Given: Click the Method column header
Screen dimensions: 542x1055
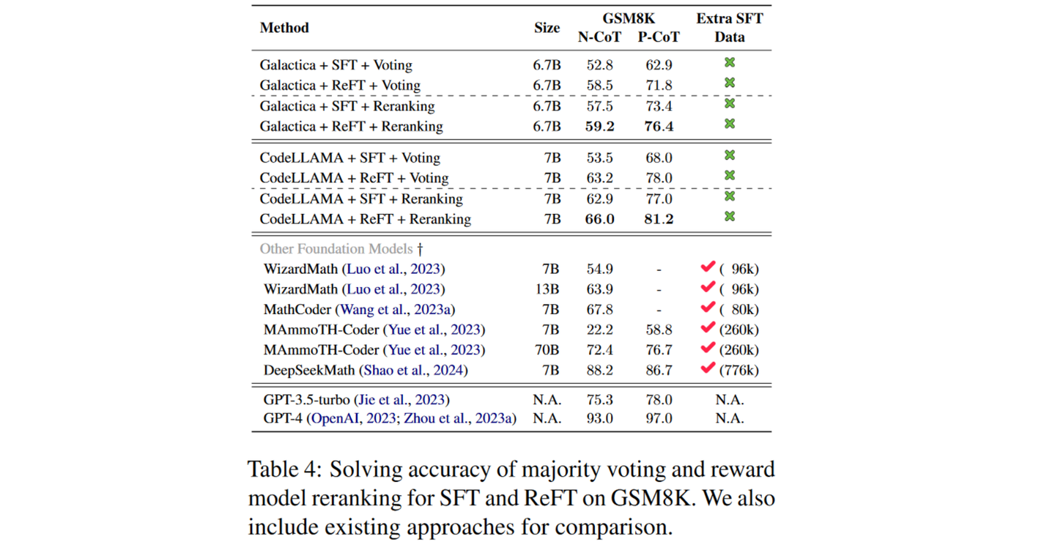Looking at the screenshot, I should (284, 28).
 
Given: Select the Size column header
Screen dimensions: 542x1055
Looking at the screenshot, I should (547, 28).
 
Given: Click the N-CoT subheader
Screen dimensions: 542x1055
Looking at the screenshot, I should (599, 37).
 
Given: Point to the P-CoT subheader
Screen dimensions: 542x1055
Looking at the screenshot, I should (659, 37).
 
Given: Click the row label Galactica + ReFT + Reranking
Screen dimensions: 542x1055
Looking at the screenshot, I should (351, 126).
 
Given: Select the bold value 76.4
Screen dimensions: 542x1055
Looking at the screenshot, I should (659, 126).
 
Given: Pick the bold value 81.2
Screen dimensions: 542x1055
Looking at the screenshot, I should (659, 219).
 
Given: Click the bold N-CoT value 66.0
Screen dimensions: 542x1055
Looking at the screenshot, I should (599, 219).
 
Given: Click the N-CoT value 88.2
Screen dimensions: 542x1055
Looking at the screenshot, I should (599, 370).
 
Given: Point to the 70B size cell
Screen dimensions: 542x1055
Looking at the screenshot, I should (547, 350).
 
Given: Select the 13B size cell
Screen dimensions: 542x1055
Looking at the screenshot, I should (547, 289).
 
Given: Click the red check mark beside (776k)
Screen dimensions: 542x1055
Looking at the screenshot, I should (707, 368).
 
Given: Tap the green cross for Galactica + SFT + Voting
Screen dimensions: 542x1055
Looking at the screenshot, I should (730, 63).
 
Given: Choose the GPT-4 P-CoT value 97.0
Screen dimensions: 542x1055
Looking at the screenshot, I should (659, 419).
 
